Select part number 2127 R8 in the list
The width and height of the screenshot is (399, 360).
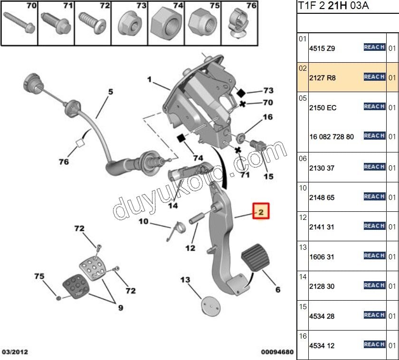click(x=322, y=77)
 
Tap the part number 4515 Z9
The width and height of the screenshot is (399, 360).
click(x=322, y=48)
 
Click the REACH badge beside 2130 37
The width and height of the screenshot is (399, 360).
click(x=374, y=167)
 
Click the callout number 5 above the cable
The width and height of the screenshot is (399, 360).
click(x=110, y=92)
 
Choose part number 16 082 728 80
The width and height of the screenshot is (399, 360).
click(x=331, y=137)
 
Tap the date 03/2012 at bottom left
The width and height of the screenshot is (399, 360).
click(x=15, y=352)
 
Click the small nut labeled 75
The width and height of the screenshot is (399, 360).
click(x=58, y=298)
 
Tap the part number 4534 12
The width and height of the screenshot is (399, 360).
click(x=322, y=346)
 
